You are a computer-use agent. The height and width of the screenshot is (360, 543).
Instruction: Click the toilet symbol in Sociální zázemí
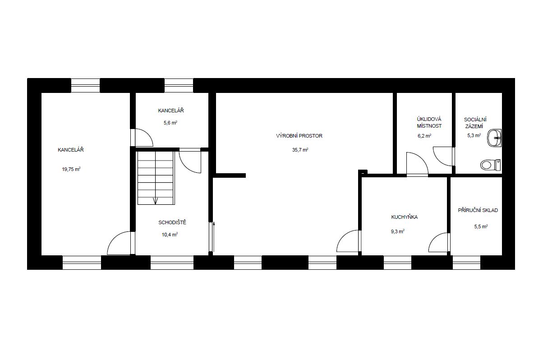tap(491, 165)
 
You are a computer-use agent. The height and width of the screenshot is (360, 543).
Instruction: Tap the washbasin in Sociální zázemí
tap(494, 138)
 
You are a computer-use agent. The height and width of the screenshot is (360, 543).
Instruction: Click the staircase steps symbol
tap(156, 178)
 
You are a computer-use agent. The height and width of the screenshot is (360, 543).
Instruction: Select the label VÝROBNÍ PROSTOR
tap(299, 136)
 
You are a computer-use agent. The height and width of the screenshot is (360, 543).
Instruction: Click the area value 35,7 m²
tap(300, 150)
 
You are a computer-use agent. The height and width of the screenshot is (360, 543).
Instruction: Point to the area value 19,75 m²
tap(71, 169)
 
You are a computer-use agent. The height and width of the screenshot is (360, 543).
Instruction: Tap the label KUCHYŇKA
tap(405, 217)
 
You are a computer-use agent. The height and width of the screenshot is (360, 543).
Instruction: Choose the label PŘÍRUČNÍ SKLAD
tap(478, 210)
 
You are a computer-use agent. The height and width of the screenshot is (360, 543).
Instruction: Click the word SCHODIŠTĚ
tap(172, 222)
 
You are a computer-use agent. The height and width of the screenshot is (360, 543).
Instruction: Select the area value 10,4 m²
tap(170, 235)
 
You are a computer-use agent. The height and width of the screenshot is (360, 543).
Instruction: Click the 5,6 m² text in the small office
tap(170, 123)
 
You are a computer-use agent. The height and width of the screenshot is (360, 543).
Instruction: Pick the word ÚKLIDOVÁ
tap(429, 119)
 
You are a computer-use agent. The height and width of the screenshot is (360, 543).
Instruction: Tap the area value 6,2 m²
tap(424, 136)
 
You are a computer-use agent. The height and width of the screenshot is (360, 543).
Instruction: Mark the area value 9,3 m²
tap(398, 231)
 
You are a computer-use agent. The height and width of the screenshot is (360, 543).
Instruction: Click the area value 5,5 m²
tap(481, 226)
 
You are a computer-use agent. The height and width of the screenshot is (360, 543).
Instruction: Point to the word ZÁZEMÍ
tap(474, 126)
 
